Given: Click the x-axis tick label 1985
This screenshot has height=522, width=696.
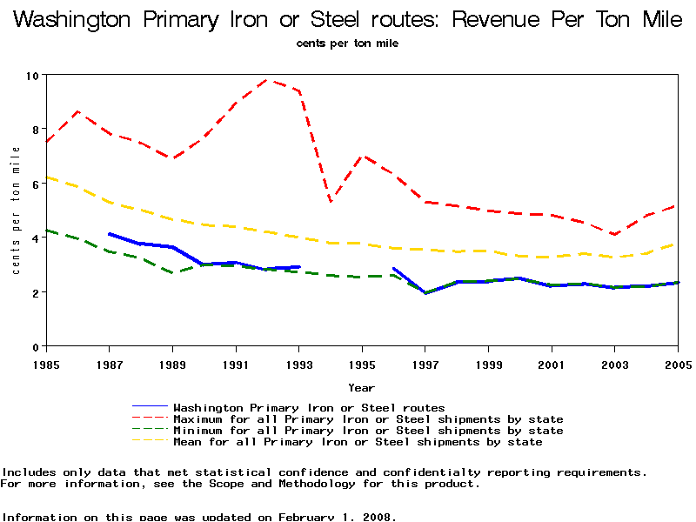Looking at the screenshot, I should [x=47, y=364].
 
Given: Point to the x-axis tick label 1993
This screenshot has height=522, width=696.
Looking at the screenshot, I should [x=299, y=364].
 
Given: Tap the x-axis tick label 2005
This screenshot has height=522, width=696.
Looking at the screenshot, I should [x=678, y=364].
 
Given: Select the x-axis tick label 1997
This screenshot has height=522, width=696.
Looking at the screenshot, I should [x=425, y=364].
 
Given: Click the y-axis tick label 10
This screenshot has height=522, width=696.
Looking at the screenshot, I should [x=33, y=76].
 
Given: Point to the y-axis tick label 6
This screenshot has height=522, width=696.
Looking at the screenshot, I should [x=37, y=184].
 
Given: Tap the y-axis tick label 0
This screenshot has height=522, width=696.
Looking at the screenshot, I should [x=37, y=347].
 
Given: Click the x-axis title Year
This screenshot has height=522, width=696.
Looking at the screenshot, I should [x=362, y=387].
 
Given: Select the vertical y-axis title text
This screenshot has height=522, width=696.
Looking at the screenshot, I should [x=16, y=210].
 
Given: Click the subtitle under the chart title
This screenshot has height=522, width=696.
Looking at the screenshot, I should [x=347, y=43].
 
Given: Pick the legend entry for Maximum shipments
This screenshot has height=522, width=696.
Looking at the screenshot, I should [x=368, y=419].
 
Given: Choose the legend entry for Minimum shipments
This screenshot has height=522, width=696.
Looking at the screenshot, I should [x=368, y=431].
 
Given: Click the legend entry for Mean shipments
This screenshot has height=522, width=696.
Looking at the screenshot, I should [x=358, y=442].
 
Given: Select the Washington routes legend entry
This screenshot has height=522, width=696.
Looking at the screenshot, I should [x=309, y=408].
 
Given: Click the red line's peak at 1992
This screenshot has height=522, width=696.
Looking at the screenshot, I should [x=267, y=80].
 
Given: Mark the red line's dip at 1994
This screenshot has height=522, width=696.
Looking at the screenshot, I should [x=331, y=202].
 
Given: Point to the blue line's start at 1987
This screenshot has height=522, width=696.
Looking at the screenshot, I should [x=109, y=234].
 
